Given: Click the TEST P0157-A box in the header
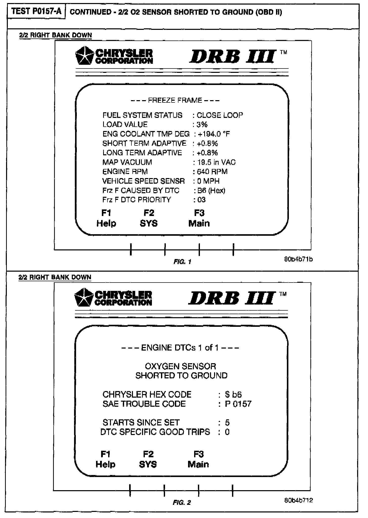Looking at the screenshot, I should point(36,12).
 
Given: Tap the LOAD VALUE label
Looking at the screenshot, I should point(125,124).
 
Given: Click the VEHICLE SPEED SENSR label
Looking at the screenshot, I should point(143,181).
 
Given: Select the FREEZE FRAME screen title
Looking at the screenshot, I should point(175,100).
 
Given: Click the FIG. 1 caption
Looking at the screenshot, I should point(182,262).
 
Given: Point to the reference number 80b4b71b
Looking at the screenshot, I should point(298,259).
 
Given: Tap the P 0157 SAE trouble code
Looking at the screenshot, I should point(238,404).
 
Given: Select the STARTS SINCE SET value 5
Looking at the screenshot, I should point(227,423).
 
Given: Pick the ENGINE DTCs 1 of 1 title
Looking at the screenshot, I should point(180,348).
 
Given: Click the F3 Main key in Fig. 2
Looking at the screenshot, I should point(198,459).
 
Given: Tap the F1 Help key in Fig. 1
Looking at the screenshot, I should point(106,218).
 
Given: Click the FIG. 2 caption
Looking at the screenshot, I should point(182,503).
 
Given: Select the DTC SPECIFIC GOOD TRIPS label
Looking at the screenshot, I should point(155,432).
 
